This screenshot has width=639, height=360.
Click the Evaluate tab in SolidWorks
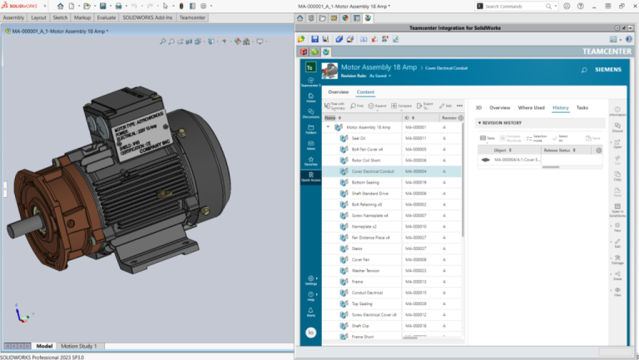click(x=106, y=17)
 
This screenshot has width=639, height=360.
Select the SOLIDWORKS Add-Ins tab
click(x=148, y=17)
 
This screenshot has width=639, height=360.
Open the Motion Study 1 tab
click(x=78, y=346)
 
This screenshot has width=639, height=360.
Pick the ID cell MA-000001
click(x=415, y=127)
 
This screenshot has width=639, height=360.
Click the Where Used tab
click(x=531, y=107)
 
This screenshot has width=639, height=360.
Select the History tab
click(x=560, y=107)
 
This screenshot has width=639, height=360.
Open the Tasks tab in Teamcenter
click(x=582, y=107)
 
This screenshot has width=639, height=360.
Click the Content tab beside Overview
click(x=365, y=91)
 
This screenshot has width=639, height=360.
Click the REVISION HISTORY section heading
click(x=502, y=123)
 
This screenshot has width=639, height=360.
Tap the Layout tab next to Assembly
click(x=39, y=17)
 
